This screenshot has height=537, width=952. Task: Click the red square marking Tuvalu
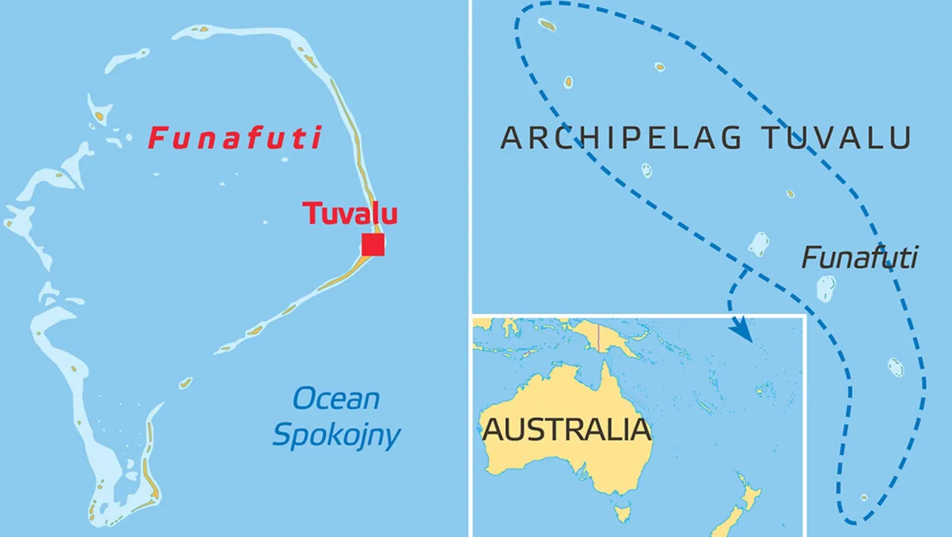coord(373,245)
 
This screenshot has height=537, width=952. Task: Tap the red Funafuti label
coord(235,138)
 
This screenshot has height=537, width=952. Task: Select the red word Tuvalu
coord(350,213)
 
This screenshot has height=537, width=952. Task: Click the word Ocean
coord(336,399)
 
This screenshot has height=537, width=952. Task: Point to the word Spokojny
coord(336,435)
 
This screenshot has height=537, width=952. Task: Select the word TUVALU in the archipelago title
coord(837,138)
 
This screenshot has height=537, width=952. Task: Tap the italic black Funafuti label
coord(859,258)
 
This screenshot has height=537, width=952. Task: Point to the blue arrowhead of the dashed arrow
coord(744,332)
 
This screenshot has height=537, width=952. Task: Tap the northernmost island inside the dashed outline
coord(547,25)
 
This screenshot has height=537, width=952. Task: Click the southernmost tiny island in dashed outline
coord(864,498)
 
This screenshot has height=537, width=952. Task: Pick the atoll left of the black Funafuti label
coord(758,244)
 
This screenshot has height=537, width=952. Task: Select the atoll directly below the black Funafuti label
coord(826,289)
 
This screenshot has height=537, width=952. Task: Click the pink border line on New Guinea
coord(597,335)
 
